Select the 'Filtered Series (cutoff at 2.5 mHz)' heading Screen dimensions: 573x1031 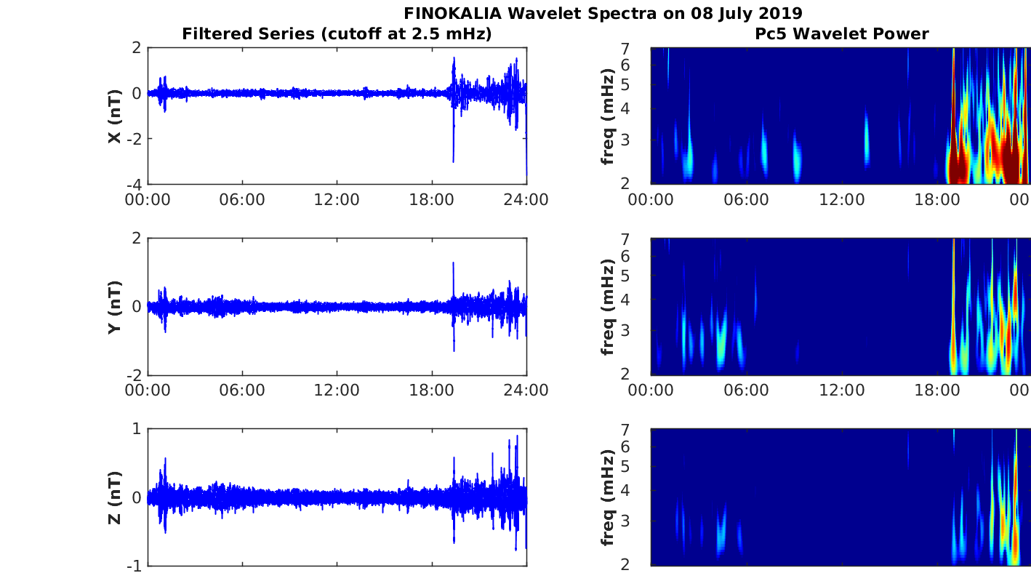337,33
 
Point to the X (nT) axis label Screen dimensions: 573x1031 115,116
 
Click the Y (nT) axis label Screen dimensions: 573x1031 115,307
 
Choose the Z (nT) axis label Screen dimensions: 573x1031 115,497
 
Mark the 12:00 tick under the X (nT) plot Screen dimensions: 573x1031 337,199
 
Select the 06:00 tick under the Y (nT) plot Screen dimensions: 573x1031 242,390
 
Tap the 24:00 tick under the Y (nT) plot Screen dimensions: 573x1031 526,390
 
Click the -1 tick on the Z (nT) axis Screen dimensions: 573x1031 134,565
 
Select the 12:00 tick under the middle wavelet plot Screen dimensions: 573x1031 841,390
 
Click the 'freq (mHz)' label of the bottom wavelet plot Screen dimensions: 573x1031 608,497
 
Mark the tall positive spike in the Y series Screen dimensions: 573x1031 453,265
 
